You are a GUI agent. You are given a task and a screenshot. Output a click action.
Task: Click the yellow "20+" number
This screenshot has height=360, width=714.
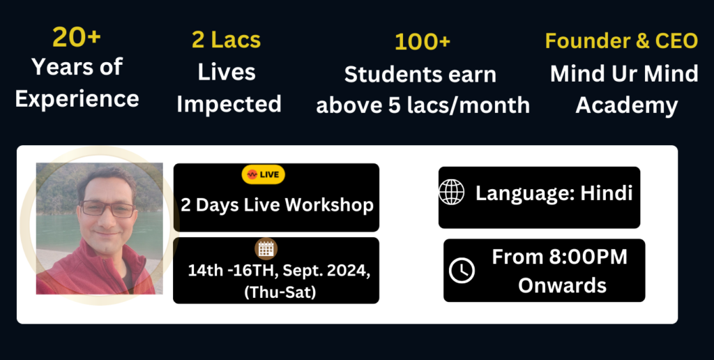(x=77, y=37)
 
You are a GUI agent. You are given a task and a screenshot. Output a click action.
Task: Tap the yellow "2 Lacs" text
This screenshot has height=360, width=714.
(x=227, y=40)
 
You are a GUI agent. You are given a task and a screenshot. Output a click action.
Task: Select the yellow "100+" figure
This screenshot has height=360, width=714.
(x=423, y=42)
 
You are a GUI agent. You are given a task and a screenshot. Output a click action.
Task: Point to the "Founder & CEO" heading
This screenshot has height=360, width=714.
(x=621, y=40)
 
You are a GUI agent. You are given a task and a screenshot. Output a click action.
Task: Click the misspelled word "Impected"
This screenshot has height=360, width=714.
(x=229, y=105)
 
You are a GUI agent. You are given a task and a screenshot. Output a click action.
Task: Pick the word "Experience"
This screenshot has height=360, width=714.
(x=77, y=99)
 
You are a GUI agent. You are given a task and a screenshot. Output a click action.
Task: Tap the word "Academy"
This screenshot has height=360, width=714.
(x=627, y=106)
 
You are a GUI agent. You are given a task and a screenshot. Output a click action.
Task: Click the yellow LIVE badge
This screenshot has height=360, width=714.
(x=263, y=174)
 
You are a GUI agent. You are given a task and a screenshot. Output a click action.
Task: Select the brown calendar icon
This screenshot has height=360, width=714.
(x=266, y=249)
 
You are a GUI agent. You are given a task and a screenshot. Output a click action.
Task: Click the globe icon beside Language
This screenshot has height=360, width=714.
(x=452, y=193)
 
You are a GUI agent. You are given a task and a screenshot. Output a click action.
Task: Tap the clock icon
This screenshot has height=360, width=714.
(x=462, y=270)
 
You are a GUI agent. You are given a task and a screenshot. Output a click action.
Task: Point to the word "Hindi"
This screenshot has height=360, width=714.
(x=607, y=193)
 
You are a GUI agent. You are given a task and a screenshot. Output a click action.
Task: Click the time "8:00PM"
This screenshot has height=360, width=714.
(x=588, y=257)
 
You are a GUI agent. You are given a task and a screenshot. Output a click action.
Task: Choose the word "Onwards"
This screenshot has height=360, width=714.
(x=563, y=286)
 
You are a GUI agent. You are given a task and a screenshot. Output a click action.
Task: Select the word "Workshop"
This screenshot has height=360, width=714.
(x=329, y=205)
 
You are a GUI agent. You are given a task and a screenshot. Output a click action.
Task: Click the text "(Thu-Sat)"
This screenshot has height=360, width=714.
(x=280, y=292)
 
